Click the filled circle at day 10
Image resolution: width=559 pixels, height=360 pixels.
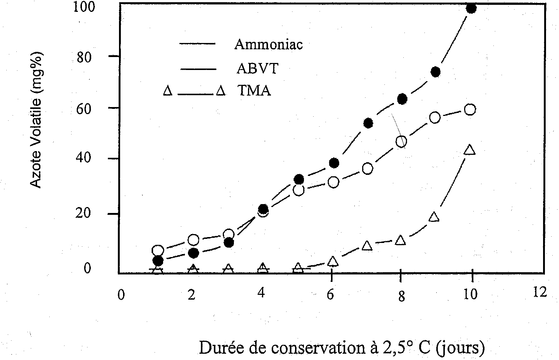pos(471,9)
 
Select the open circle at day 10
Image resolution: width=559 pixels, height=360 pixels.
pos(470,110)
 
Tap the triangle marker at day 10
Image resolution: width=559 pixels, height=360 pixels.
pos(470,150)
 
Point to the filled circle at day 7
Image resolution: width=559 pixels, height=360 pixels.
pos(368,123)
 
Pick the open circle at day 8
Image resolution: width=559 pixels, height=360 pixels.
pos(401,141)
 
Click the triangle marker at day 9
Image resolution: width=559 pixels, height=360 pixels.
pos(434,217)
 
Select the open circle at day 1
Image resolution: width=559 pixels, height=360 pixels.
pos(158,250)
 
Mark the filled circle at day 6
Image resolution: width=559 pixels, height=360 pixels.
pos(334,163)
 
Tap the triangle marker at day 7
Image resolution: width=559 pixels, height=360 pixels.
pos(367,246)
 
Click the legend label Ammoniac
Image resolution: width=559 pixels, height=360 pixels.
pos(268,44)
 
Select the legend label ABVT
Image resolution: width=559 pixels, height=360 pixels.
pos(257,69)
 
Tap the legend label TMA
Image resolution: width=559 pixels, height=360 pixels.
pos(254,91)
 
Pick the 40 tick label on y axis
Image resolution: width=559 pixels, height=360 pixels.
pos(83,159)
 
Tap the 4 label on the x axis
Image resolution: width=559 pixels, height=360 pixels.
pos(261,293)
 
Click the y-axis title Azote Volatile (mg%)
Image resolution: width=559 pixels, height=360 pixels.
pos(36,120)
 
